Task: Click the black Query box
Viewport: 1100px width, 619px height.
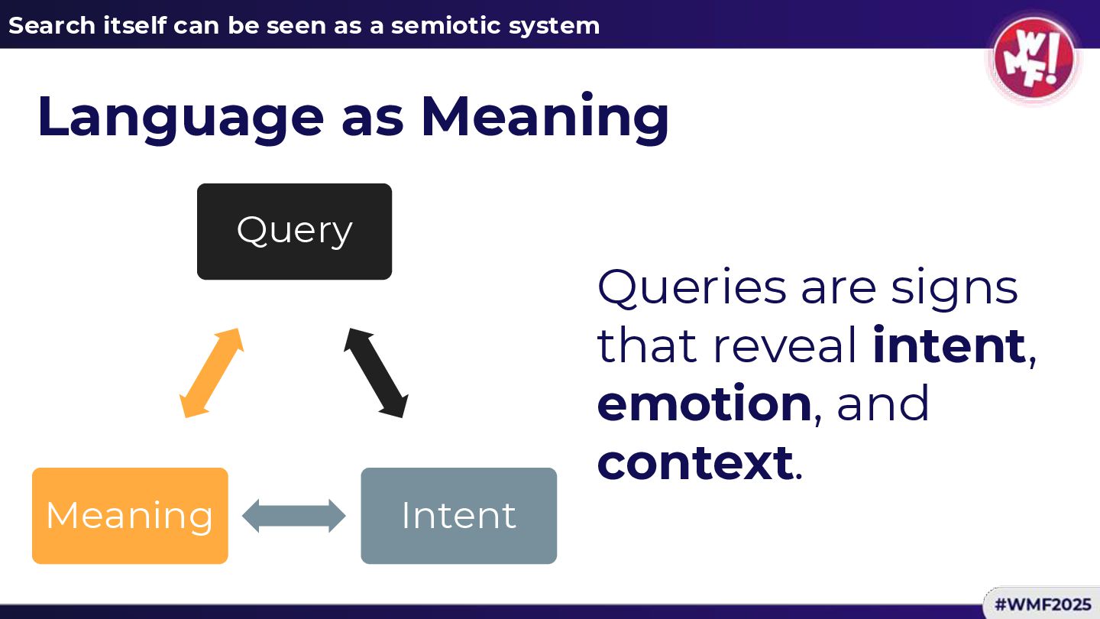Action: click(294, 231)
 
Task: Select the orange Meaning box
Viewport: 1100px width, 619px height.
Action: click(130, 516)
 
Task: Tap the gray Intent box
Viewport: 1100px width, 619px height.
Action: click(458, 516)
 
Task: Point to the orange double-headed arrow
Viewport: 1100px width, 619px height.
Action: click(211, 373)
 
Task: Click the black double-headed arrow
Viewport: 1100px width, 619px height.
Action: click(375, 373)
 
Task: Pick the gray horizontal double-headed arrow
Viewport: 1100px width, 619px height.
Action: click(294, 516)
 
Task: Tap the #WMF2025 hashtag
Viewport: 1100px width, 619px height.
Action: click(1043, 604)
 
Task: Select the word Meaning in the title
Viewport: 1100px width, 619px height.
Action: click(545, 117)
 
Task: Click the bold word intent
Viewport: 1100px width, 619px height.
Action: click(949, 345)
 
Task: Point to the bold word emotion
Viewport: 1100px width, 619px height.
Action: click(704, 403)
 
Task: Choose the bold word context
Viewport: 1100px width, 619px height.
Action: click(694, 462)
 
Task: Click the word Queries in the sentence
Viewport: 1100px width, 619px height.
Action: click(691, 287)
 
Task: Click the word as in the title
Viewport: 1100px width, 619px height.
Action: click(373, 117)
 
